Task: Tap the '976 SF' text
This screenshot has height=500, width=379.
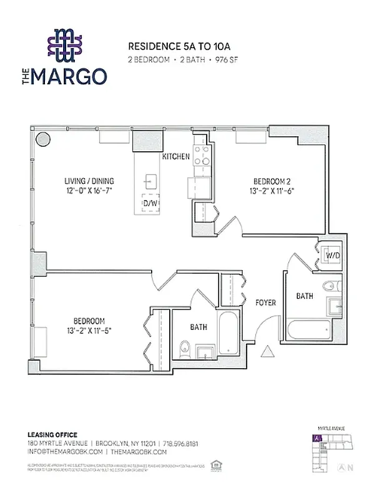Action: click(224, 59)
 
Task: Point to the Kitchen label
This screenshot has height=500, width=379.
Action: click(176, 156)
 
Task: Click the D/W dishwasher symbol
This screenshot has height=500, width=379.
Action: click(150, 204)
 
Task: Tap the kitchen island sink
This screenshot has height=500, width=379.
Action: click(150, 182)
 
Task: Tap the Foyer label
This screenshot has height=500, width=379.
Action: click(265, 302)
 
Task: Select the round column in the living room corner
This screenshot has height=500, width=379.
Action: click(42, 138)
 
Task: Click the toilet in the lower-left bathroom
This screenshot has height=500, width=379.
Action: click(184, 350)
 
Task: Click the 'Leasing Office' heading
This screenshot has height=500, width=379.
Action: click(52, 434)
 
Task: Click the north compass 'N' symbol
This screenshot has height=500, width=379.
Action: click(350, 467)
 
